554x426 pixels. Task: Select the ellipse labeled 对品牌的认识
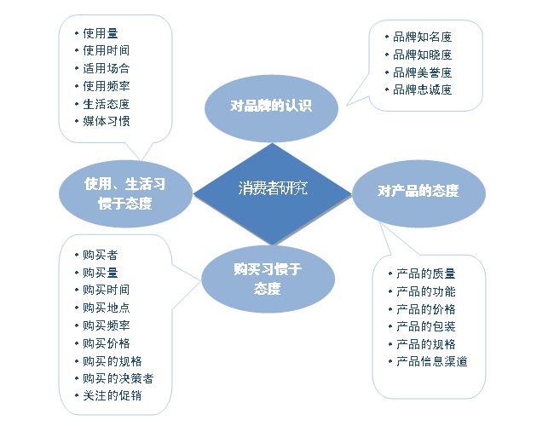[271, 106]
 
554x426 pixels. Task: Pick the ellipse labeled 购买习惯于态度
[267, 279]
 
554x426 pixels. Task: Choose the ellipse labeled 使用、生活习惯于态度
[124, 193]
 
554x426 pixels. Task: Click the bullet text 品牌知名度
[423, 38]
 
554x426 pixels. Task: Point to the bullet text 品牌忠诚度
[423, 89]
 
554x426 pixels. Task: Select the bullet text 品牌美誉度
[423, 72]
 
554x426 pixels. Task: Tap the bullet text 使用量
[101, 33]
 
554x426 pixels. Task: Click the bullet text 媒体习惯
[107, 121]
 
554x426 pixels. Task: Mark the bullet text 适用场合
[107, 68]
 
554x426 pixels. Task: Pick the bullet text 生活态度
[107, 104]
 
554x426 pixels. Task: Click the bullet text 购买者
[101, 255]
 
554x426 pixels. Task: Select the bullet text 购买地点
[107, 308]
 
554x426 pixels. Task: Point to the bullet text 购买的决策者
[118, 378]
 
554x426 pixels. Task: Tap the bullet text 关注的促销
[113, 396]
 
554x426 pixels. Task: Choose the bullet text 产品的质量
[426, 273]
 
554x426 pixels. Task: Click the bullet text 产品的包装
[426, 326]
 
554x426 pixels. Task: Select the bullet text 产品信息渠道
[432, 361]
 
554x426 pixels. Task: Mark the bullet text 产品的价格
[426, 308]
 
